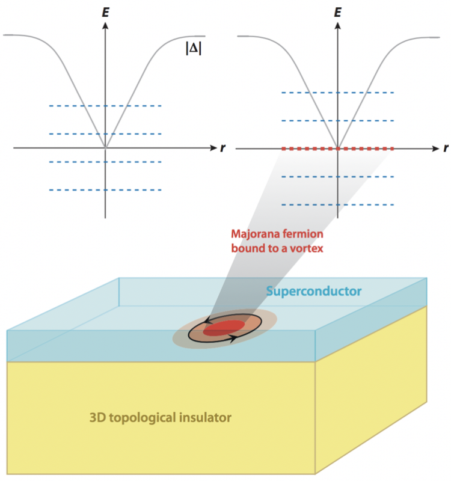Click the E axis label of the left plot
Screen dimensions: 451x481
pos(106,12)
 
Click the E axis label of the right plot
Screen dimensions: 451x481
pos(337,12)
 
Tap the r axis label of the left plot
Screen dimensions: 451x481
pos(222,148)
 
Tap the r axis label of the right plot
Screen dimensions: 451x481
pos(446,148)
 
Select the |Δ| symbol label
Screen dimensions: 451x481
pos(194,48)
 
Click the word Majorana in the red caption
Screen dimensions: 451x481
pos(255,234)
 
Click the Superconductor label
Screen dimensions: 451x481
pos(313,291)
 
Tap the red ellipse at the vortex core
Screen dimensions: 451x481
pos(224,328)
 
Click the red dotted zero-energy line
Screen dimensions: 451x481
pos(337,149)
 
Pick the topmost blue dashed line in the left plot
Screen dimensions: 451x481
pos(105,106)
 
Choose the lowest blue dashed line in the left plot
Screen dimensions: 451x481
pos(105,190)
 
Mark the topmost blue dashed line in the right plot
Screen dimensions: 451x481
pos(337,93)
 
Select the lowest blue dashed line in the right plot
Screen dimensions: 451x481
pos(337,204)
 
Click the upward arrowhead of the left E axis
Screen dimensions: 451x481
pos(105,26)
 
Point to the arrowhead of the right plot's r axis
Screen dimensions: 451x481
pos(435,149)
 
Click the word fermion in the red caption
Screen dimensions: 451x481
pos(303,234)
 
